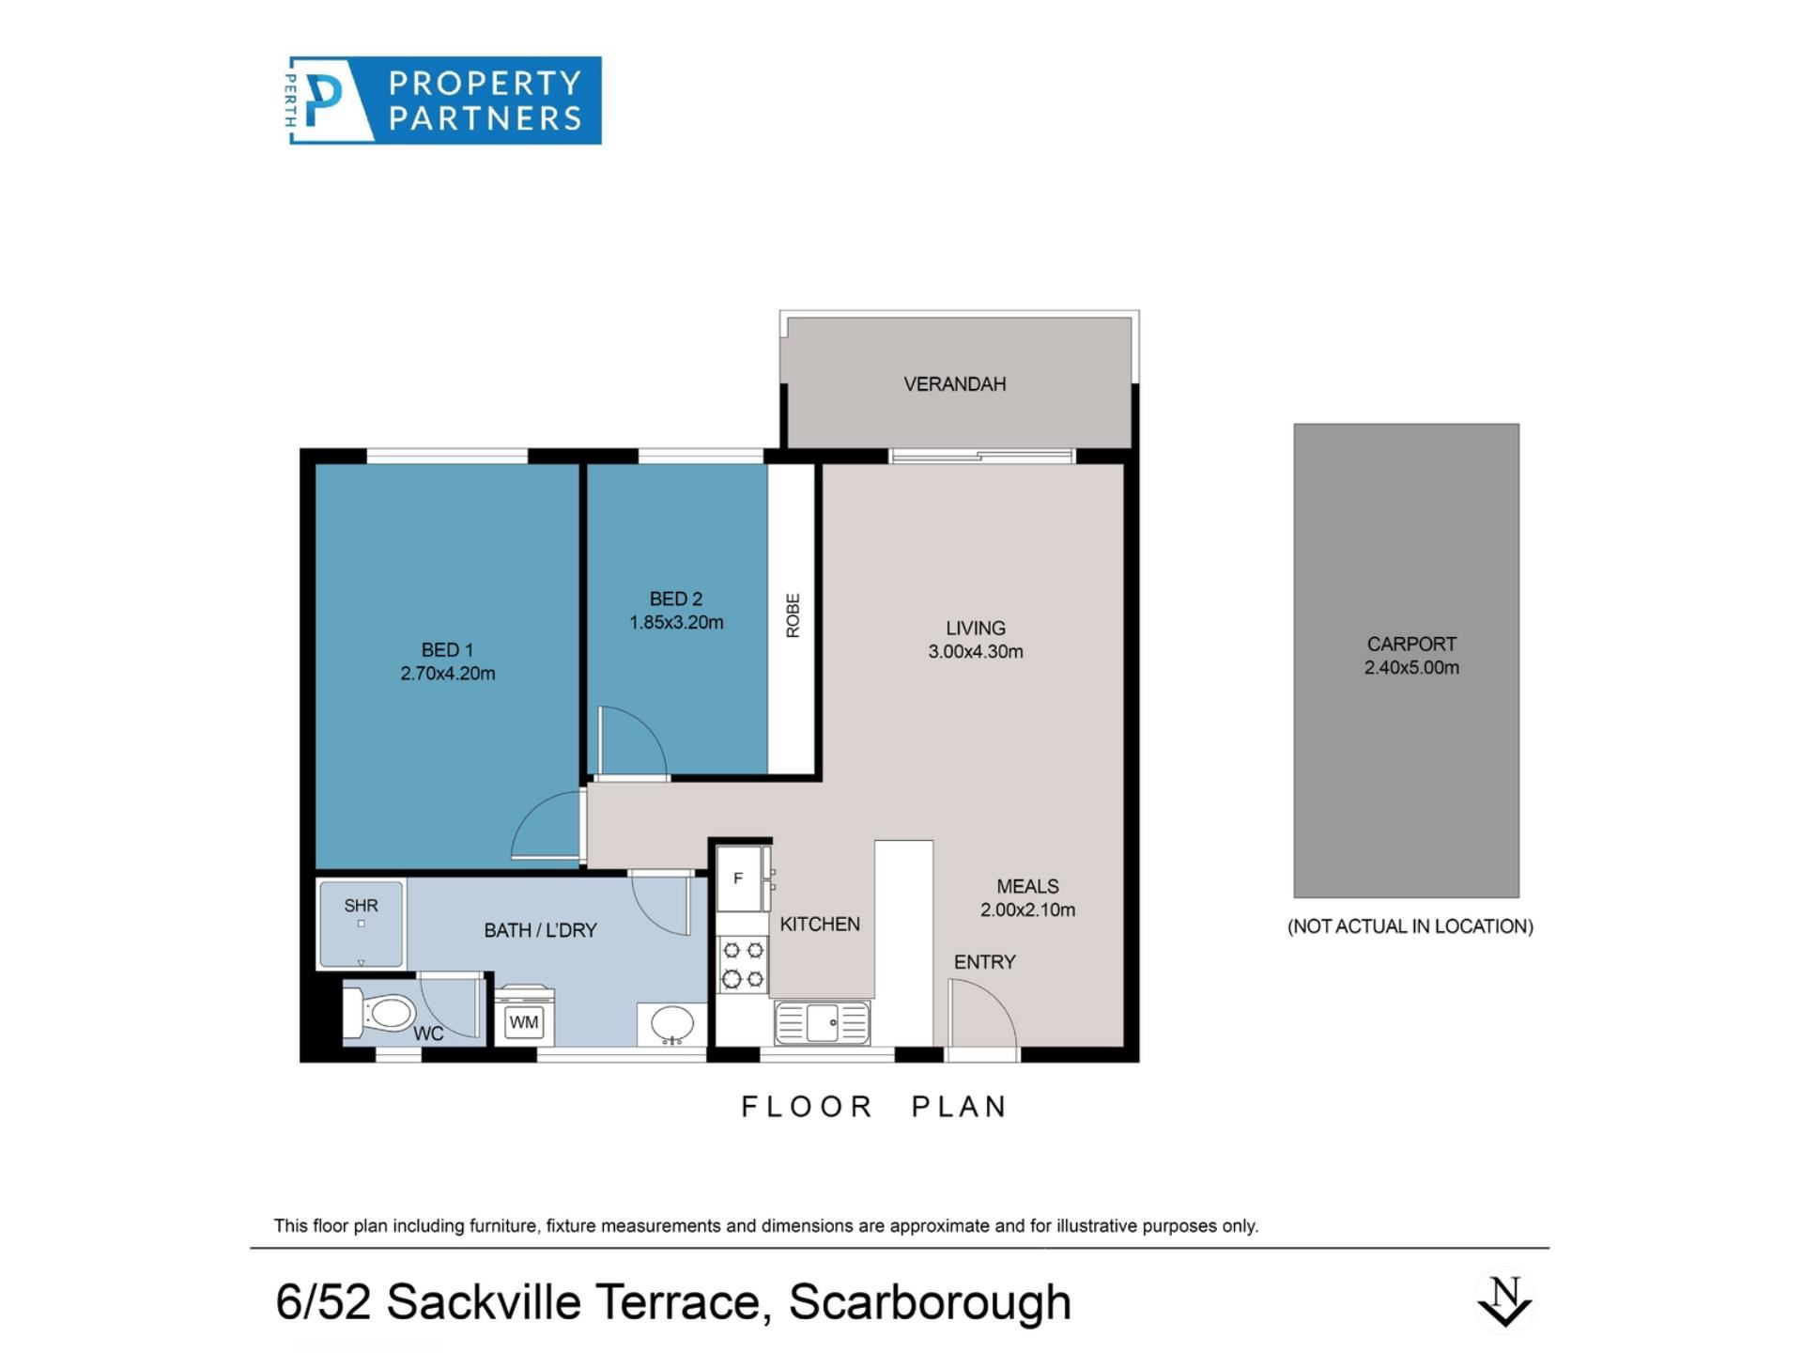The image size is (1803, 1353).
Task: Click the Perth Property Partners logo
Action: (443, 101)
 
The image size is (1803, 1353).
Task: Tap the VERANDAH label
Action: (954, 384)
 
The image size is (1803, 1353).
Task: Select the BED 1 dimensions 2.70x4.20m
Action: (448, 674)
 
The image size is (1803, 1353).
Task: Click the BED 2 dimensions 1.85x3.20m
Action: (676, 622)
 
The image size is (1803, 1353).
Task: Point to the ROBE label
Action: (793, 615)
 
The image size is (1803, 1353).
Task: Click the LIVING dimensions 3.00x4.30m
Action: (976, 652)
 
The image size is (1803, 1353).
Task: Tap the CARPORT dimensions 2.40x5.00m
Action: (1411, 668)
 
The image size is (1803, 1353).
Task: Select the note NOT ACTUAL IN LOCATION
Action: (1410, 926)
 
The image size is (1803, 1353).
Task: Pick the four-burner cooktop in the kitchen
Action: (743, 965)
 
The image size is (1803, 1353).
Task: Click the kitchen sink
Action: (822, 1022)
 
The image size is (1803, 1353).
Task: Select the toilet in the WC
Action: (379, 1013)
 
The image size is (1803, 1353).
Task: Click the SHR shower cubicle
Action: (362, 924)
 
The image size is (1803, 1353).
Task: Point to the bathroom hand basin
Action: (671, 1024)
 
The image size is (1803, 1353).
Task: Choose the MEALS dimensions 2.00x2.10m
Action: (1028, 910)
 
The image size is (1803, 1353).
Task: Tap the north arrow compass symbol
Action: (1504, 1302)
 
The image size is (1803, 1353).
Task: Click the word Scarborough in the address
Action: (930, 1302)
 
